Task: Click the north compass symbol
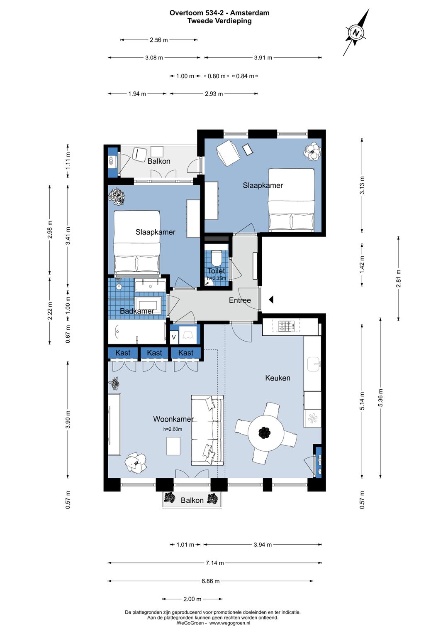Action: click(356, 32)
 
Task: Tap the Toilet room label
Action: click(216, 270)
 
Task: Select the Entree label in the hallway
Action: click(240, 300)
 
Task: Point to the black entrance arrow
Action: click(271, 300)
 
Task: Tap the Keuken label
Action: click(278, 378)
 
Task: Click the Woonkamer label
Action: click(173, 419)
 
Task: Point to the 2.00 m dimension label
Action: click(192, 599)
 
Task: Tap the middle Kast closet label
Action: click(155, 353)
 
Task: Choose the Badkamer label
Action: click(137, 311)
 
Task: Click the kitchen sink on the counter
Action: click(314, 364)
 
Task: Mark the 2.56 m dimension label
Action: click(159, 40)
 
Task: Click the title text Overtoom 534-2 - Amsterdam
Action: click(219, 13)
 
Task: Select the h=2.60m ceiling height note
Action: click(173, 429)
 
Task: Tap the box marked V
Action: click(174, 337)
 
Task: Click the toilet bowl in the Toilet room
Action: click(217, 258)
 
